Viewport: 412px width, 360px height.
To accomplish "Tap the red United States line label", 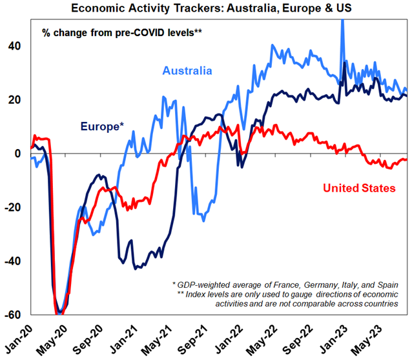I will [x=360, y=188].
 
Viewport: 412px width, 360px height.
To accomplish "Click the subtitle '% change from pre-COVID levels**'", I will [x=123, y=31].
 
